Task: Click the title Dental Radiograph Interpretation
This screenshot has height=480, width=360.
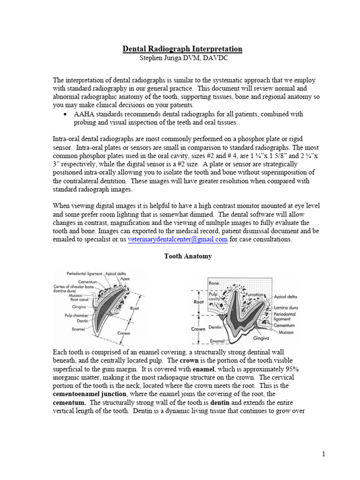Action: pos(182,49)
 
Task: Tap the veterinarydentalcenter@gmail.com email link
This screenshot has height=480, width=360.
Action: pos(178,239)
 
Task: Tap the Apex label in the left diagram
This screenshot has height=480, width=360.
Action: pos(125,278)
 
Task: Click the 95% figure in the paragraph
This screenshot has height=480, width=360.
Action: pos(292,369)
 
